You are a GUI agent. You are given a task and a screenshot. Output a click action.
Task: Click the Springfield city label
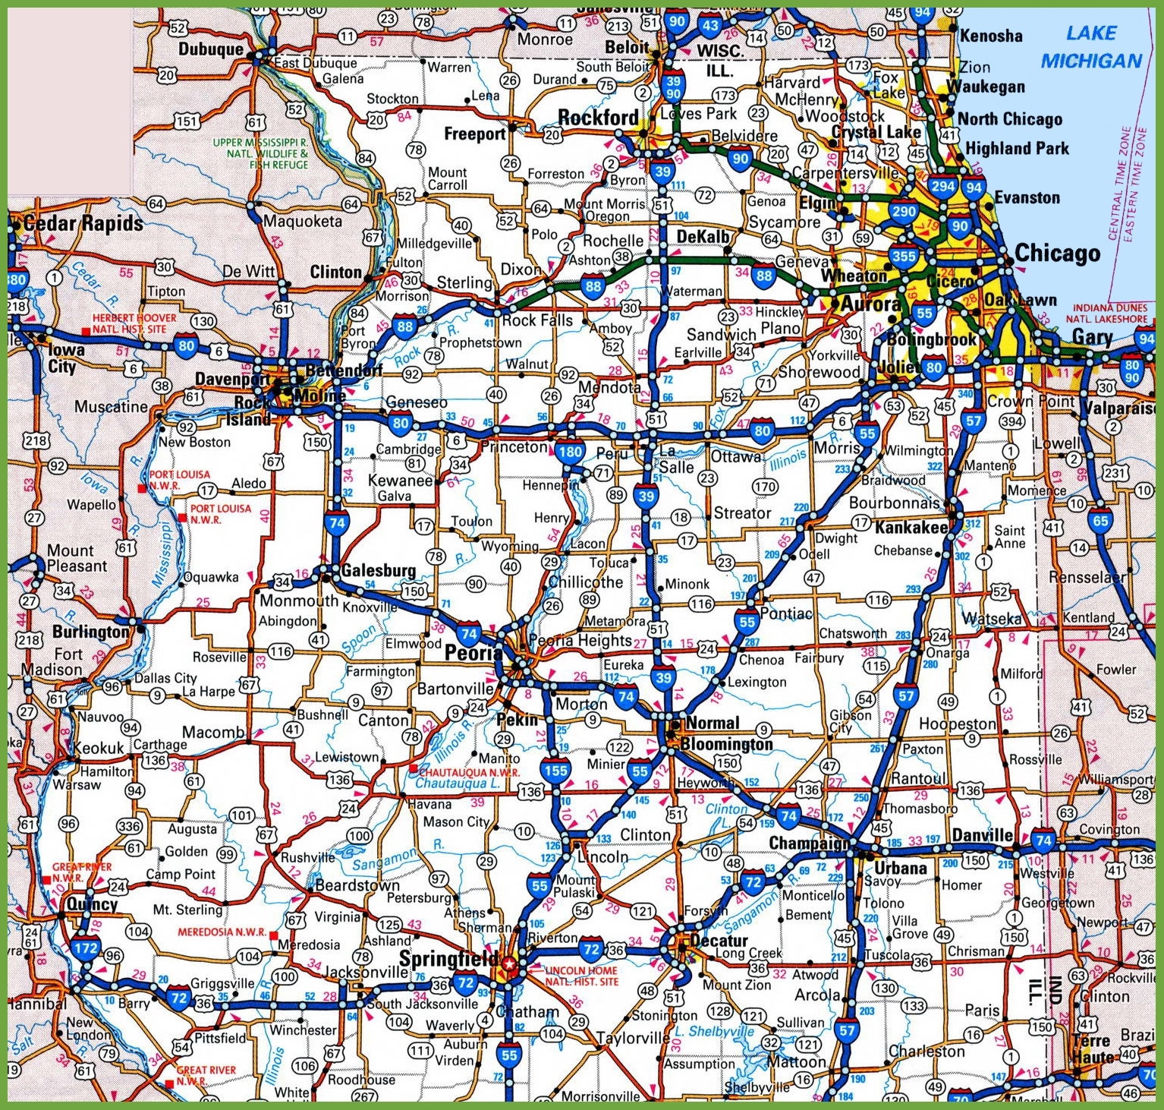(x=448, y=958)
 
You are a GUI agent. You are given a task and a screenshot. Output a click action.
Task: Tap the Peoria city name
(x=473, y=651)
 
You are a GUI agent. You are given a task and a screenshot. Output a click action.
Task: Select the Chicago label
(x=1057, y=253)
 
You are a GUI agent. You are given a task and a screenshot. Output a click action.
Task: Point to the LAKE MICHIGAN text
(x=1091, y=47)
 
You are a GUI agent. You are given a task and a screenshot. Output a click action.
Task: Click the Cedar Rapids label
(x=83, y=223)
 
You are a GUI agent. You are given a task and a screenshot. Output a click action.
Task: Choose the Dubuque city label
(x=211, y=49)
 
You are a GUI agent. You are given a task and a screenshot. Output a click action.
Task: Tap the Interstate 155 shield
(x=555, y=771)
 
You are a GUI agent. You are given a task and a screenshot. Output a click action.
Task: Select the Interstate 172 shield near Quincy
(x=86, y=947)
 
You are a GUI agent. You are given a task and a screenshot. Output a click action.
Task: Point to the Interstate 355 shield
(x=903, y=256)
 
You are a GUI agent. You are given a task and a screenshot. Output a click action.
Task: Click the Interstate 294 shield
(x=943, y=186)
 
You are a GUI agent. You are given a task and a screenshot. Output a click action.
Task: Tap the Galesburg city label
(x=378, y=570)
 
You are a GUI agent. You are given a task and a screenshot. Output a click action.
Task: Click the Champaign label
(x=810, y=844)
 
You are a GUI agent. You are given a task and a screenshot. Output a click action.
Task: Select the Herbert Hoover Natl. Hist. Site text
(x=134, y=323)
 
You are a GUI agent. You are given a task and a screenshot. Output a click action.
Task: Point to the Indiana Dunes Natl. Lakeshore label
(x=1111, y=313)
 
